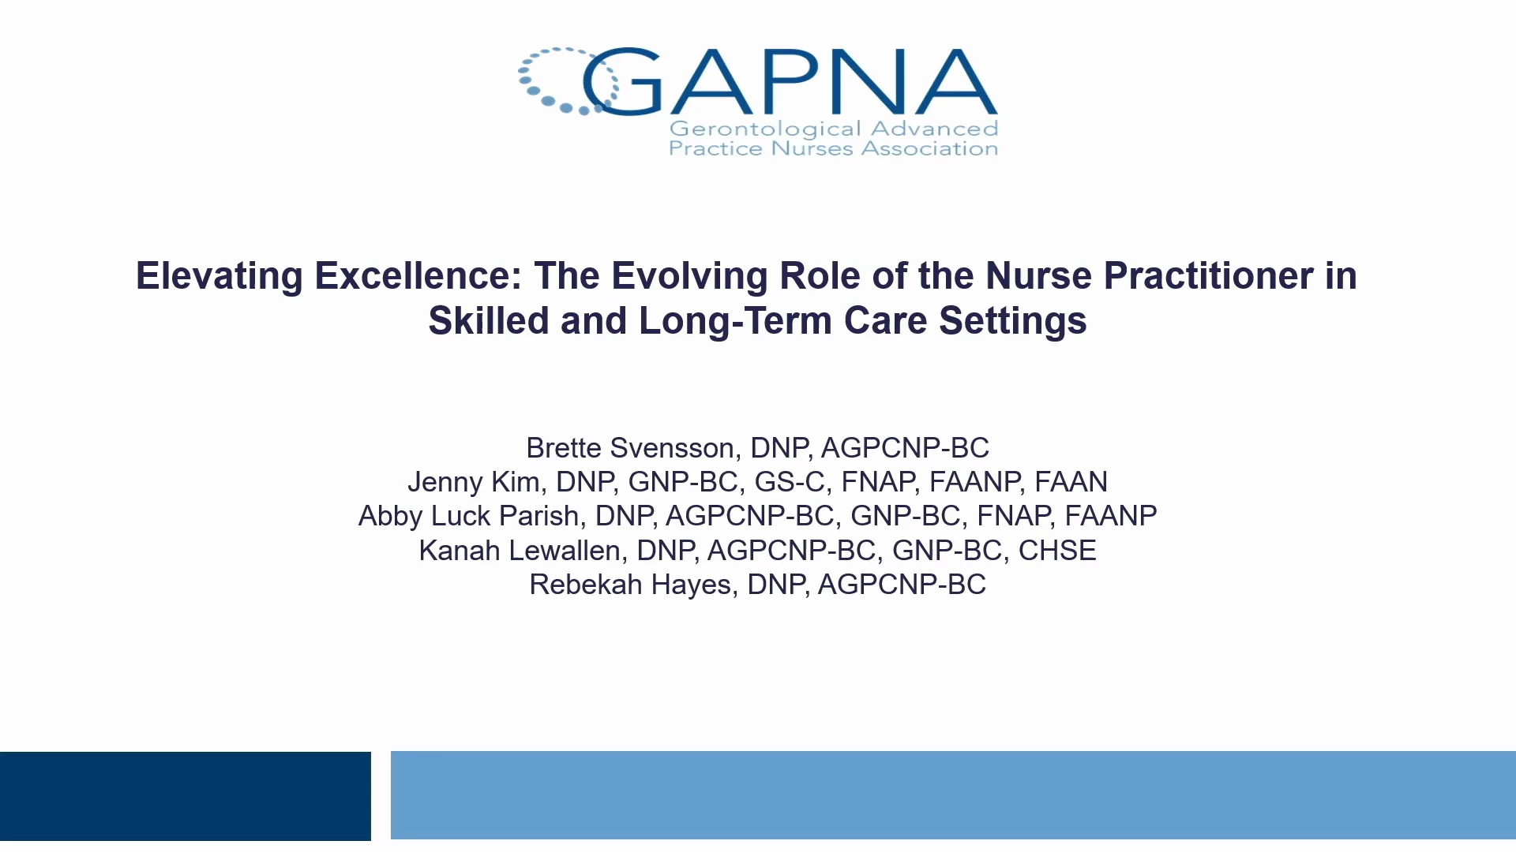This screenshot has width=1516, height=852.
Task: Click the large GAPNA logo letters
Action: click(790, 82)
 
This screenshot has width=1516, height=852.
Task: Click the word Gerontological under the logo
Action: click(764, 129)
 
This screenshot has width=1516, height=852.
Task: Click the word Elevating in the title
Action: click(220, 276)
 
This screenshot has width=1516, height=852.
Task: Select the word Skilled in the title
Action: click(489, 320)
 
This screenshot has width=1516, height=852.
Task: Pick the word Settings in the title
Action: click(1012, 321)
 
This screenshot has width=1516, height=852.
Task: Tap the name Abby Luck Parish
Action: click(468, 516)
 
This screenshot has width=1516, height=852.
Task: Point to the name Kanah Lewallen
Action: click(519, 551)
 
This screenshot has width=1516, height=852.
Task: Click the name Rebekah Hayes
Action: click(631, 585)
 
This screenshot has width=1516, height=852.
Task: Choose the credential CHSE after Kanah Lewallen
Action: click(1057, 551)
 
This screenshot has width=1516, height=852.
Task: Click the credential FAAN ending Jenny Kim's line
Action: click(1071, 482)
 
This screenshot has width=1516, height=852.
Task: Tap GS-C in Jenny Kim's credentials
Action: click(790, 482)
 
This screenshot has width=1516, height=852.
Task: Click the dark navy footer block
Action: click(186, 796)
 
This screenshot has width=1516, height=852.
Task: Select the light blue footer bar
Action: click(953, 795)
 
